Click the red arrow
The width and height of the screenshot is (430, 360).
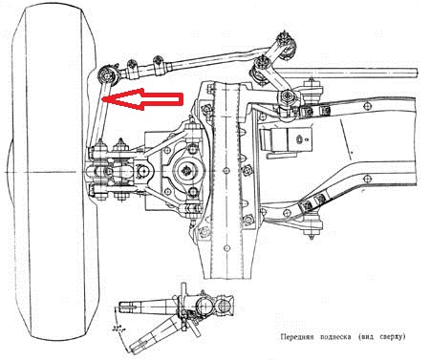click(x=143, y=99)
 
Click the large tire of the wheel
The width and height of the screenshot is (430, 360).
click(x=54, y=172)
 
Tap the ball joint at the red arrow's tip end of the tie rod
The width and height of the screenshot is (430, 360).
click(x=106, y=75)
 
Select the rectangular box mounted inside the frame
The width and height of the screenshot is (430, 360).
click(x=287, y=139)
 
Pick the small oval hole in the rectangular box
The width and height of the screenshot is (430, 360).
click(x=299, y=139)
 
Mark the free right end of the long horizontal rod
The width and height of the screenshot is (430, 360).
click(x=416, y=74)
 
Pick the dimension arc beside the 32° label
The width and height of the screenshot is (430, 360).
click(x=119, y=332)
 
